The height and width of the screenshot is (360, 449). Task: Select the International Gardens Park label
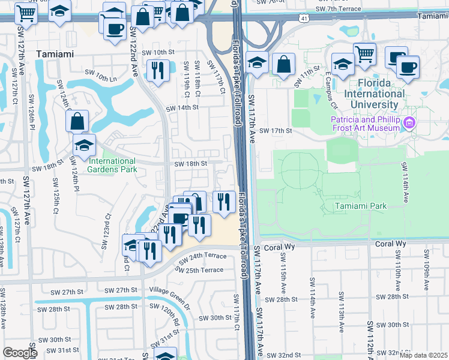click(113, 165)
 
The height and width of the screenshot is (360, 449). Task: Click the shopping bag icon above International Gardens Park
click(77, 122)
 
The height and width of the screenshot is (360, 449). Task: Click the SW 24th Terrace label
click(197, 256)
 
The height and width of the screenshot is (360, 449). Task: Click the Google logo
click(20, 353)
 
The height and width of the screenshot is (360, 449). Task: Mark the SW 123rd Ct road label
click(109, 226)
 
